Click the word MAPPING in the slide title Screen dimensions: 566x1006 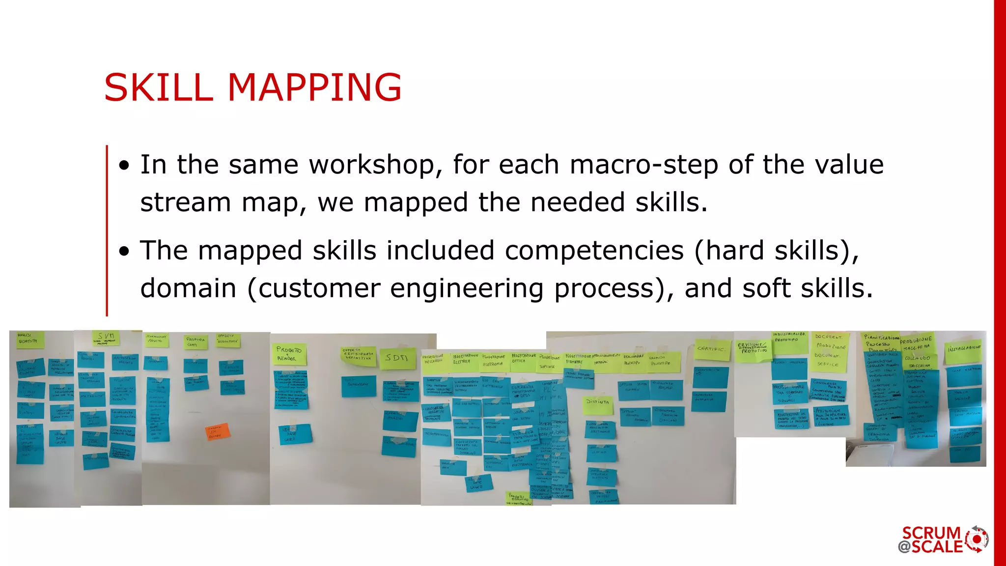tap(314, 87)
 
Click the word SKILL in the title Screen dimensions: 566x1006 tap(158, 87)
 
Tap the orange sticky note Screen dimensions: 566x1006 tap(217, 432)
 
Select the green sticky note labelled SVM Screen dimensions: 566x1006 tap(106, 338)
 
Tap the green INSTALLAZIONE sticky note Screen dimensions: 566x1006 tap(963, 351)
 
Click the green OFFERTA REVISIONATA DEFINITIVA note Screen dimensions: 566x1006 tap(359, 356)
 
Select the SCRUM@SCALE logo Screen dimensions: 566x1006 tap(943, 539)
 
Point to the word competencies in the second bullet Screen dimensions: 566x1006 tap(594, 251)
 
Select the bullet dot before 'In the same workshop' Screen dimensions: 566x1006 tap(125, 166)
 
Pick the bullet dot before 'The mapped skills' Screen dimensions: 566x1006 tap(125, 252)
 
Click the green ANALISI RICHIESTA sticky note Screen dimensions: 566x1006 tap(30, 339)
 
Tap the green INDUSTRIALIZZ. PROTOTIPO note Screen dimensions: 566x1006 tap(789, 341)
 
